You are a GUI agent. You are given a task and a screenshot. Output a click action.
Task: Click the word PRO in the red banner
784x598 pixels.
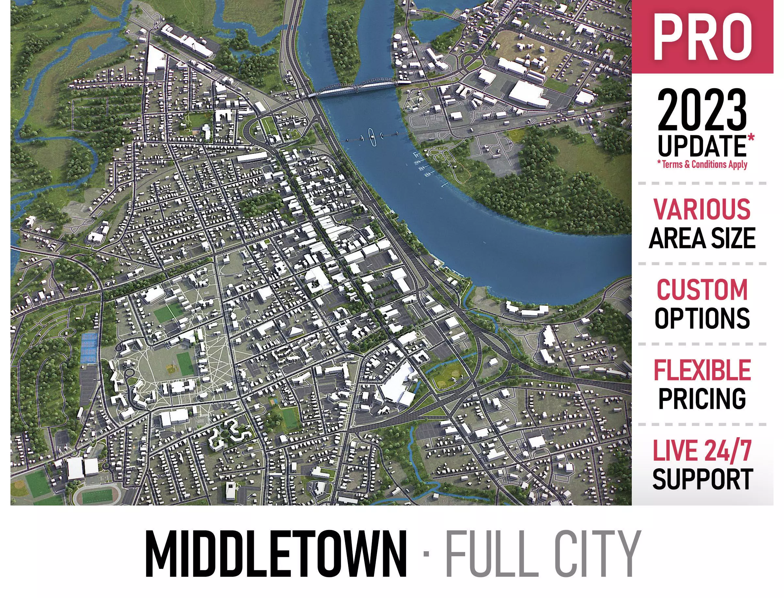pyautogui.click(x=702, y=37)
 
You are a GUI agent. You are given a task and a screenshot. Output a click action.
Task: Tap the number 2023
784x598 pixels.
pyautogui.click(x=701, y=110)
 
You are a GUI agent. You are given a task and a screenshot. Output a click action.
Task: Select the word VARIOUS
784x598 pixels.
pyautogui.click(x=702, y=209)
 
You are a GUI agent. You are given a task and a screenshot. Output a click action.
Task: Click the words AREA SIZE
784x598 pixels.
pyautogui.click(x=702, y=238)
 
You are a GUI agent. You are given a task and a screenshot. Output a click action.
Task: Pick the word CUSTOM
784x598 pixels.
pyautogui.click(x=702, y=290)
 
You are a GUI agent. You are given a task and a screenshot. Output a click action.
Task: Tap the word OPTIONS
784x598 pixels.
pyautogui.click(x=702, y=318)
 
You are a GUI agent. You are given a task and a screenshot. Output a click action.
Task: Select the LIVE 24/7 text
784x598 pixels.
pyautogui.click(x=702, y=451)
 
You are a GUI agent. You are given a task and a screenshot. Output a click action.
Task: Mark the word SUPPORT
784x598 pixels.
pyautogui.click(x=702, y=479)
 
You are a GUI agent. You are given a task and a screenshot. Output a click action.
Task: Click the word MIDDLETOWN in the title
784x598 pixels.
pyautogui.click(x=276, y=554)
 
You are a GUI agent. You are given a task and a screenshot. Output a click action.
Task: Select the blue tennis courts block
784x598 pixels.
pyautogui.click(x=89, y=348)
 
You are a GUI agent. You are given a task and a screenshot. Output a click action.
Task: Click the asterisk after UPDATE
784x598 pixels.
pyautogui.click(x=751, y=137)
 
